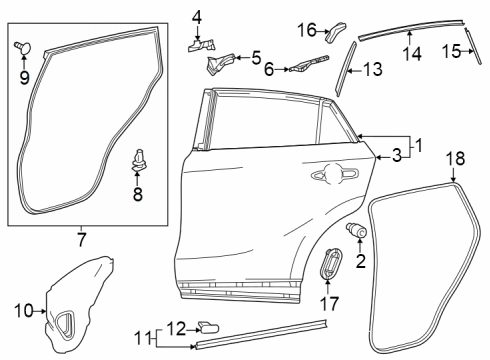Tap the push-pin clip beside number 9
(x=24, y=45)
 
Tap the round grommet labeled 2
(x=356, y=231)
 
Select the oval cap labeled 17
(x=333, y=267)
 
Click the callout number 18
(x=455, y=158)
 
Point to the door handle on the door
(x=330, y=174)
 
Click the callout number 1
(x=419, y=145)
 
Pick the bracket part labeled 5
(x=217, y=66)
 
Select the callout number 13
(x=373, y=69)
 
